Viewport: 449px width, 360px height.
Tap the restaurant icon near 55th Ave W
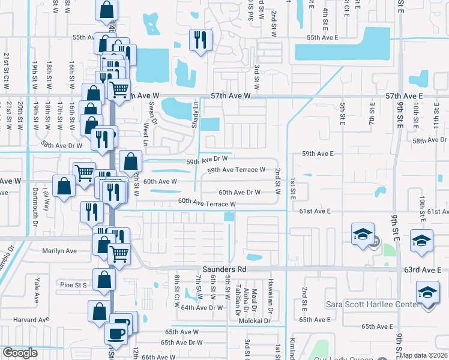[199, 40]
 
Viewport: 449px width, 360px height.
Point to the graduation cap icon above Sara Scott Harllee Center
[427, 293]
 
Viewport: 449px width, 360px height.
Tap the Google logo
[20, 353]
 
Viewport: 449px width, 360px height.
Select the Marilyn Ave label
[59, 251]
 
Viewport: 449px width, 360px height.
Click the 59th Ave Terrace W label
[236, 170]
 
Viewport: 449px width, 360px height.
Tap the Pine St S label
[73, 284]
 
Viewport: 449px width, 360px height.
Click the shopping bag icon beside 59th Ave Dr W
[130, 161]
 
